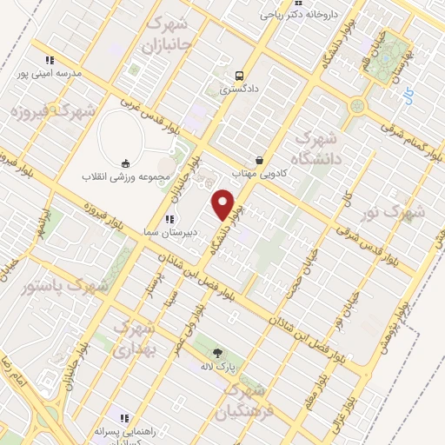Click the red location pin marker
225,204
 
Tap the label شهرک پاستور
64,285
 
